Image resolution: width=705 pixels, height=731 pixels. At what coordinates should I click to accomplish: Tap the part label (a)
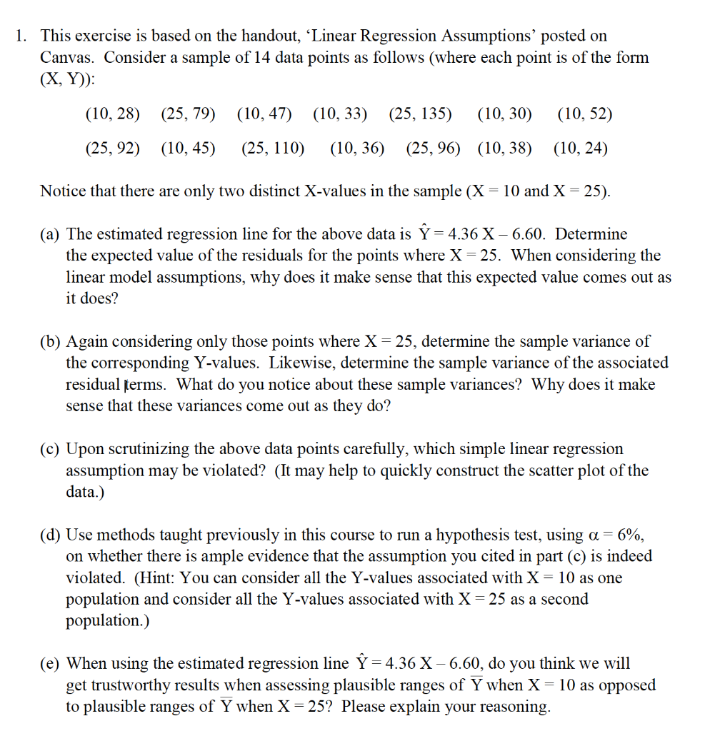[x=51, y=234]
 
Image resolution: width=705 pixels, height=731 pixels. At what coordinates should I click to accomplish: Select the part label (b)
[x=51, y=342]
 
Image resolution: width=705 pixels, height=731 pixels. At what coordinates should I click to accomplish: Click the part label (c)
[x=51, y=449]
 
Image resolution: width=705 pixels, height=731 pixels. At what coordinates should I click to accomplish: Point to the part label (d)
[x=51, y=535]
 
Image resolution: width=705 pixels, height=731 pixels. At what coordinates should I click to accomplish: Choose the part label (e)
[x=51, y=664]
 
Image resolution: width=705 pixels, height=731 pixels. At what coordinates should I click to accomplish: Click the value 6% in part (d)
[x=634, y=535]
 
